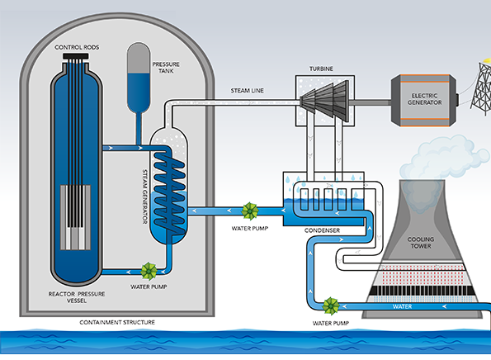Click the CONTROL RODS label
click(77, 47)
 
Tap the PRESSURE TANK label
click(166, 68)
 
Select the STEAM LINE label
click(247, 91)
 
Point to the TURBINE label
click(321, 69)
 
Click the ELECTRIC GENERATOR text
click(425, 99)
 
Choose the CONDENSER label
click(322, 230)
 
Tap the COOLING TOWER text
click(421, 243)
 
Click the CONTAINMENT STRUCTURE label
click(117, 322)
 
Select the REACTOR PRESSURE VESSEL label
click(77, 297)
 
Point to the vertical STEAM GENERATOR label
click(144, 197)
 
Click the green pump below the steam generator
click(149, 272)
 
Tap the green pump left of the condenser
click(250, 211)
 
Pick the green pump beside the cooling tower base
click(331, 306)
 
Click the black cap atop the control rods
click(76, 56)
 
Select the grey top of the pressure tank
click(139, 58)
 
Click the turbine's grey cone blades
click(324, 101)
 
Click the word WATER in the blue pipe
click(402, 306)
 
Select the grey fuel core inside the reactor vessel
click(75, 217)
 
